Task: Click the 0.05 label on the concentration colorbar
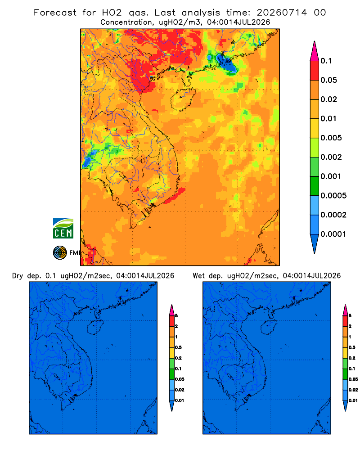(328, 80)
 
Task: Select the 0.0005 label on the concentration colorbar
(333, 196)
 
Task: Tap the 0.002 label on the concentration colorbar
(331, 157)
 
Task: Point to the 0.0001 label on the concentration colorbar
(333, 234)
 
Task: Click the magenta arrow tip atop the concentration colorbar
(315, 51)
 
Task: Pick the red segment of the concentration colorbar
(315, 71)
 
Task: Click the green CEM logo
(63, 228)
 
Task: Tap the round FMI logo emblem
(60, 253)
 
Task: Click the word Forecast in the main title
(55, 13)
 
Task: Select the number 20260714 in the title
(282, 13)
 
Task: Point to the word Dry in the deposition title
(17, 276)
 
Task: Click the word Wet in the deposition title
(198, 276)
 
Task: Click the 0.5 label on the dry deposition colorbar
(178, 347)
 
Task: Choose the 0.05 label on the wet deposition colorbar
(353, 379)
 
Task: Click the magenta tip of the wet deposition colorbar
(345, 310)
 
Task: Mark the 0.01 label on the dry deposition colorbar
(180, 400)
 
